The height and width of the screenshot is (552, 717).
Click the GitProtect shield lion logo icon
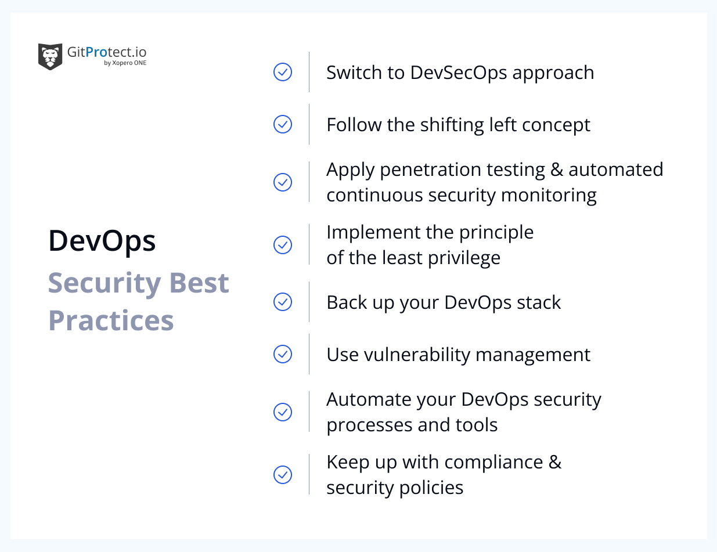click(50, 56)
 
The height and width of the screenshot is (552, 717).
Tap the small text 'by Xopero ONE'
click(125, 63)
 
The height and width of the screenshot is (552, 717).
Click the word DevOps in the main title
click(102, 240)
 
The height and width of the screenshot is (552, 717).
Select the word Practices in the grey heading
click(111, 320)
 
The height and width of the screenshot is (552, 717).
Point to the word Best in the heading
click(199, 283)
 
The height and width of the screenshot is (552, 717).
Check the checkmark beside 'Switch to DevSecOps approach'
click(283, 72)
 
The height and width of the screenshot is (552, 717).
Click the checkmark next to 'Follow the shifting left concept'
click(283, 124)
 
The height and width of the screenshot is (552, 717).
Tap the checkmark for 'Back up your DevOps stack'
click(283, 302)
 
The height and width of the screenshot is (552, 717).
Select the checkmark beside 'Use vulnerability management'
click(283, 354)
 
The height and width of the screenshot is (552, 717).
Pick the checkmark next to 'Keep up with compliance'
click(283, 475)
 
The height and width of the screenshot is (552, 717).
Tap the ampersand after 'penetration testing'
click(556, 169)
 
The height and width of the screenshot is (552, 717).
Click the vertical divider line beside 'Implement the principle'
click(309, 245)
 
